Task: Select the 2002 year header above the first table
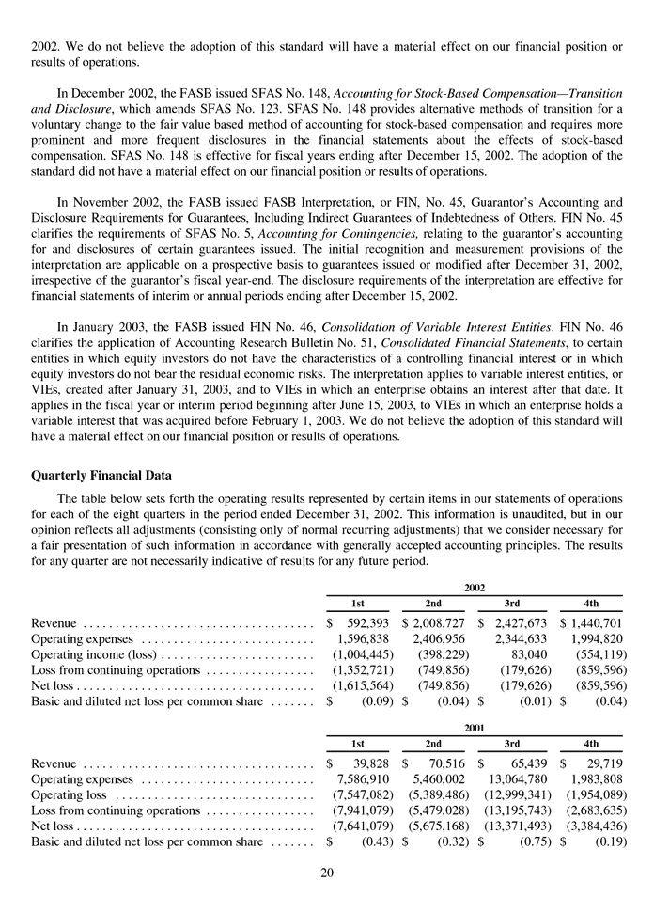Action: [x=474, y=587]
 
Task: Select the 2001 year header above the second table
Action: [x=474, y=728]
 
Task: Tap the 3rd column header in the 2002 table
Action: [x=512, y=603]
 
